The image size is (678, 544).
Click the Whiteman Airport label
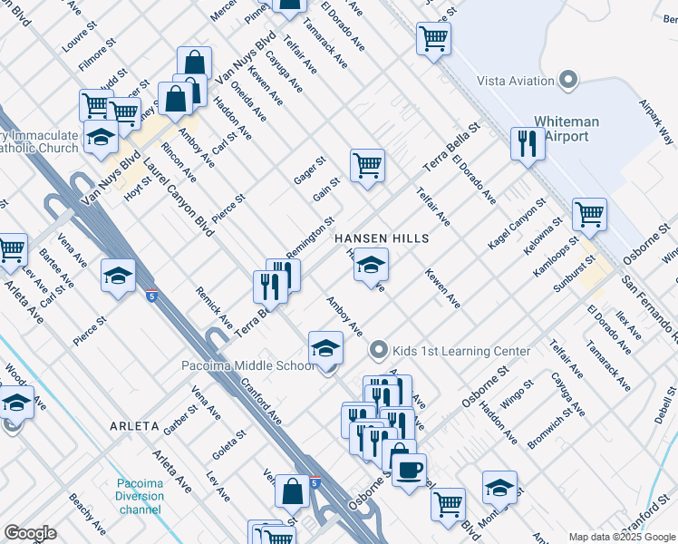click(574, 129)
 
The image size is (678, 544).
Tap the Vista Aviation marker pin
click(569, 80)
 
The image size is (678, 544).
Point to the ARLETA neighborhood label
click(134, 425)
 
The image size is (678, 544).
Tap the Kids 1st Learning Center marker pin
click(379, 350)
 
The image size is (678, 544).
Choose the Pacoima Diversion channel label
click(139, 497)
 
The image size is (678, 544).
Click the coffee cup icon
click(409, 470)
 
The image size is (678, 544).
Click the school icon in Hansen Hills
click(370, 265)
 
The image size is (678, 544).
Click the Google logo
click(30, 533)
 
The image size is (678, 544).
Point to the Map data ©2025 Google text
click(622, 537)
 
